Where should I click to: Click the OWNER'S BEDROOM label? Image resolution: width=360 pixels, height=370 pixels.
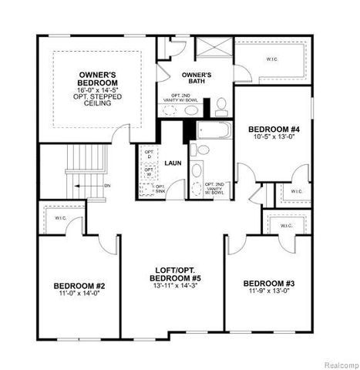[x=98, y=79]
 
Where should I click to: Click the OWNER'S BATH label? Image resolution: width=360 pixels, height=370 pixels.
[x=197, y=76]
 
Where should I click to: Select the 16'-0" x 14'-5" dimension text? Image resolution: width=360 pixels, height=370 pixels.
[x=98, y=89]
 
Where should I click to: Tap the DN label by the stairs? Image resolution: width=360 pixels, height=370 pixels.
[x=107, y=185]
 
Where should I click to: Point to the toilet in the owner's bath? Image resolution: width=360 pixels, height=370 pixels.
[x=220, y=104]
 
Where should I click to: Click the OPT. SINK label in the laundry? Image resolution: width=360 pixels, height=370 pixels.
[x=160, y=187]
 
